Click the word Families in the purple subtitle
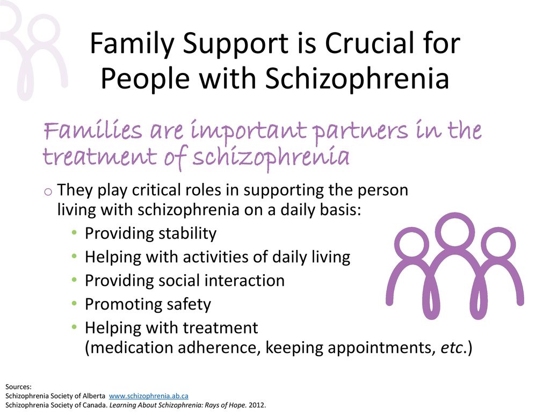(92, 130)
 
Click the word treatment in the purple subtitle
(99, 156)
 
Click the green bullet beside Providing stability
(74, 233)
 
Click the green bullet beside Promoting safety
(74, 304)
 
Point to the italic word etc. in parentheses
(453, 348)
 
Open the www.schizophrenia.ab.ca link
(149, 396)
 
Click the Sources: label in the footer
(18, 387)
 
